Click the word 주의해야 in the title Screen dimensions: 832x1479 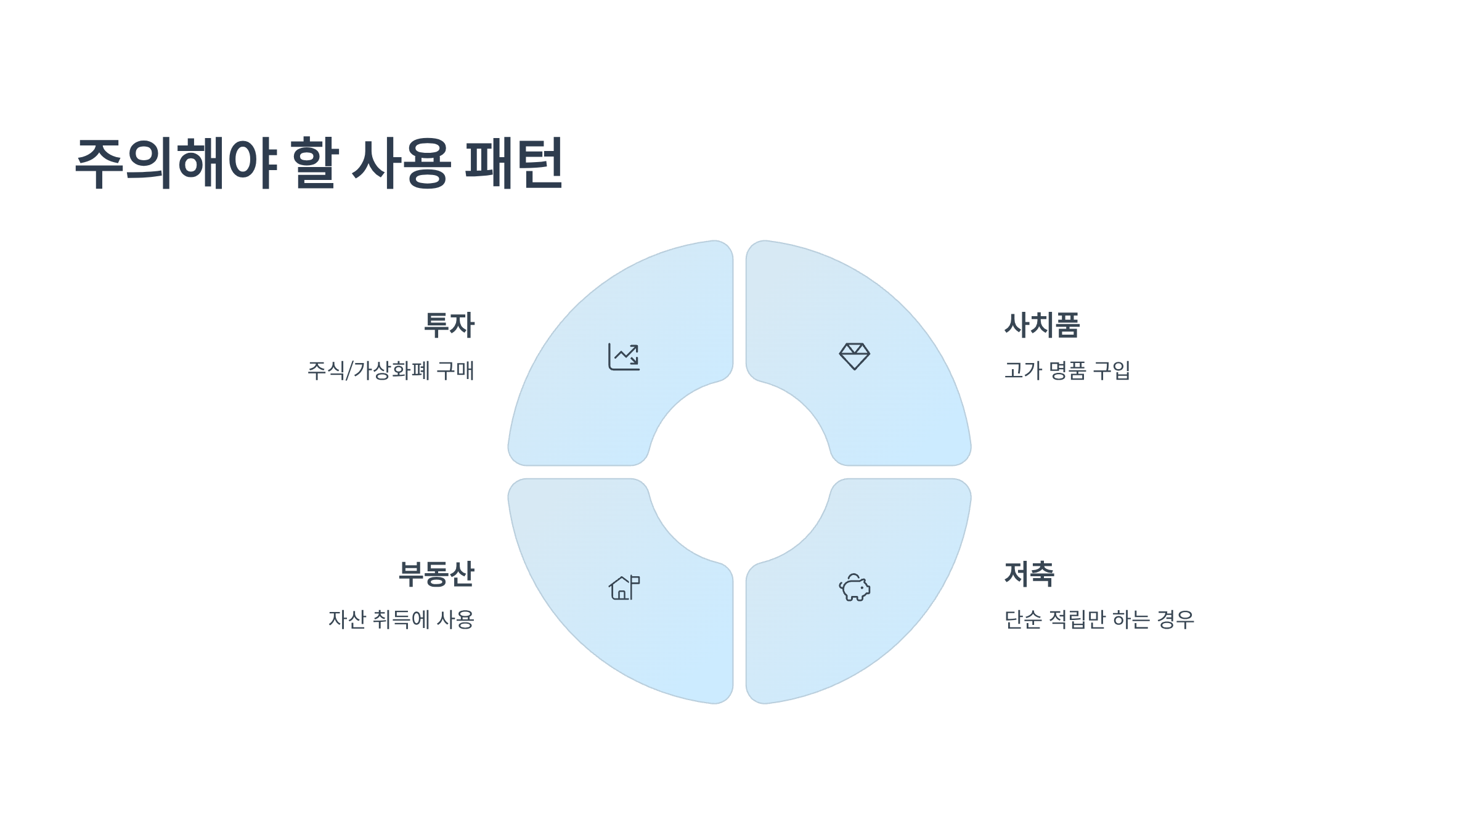pos(176,163)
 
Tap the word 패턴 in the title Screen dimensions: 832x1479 pos(513,163)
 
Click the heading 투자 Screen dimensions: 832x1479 pos(449,325)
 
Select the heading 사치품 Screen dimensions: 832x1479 pos(1042,325)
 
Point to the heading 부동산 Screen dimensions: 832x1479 pos(436,574)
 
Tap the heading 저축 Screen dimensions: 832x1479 pos(1029,574)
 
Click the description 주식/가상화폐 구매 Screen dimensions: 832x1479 pos(391,370)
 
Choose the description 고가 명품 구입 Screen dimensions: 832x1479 pos(1067,370)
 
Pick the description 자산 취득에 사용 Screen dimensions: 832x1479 pos(401,619)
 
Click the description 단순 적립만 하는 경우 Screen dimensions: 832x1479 pos(1099,619)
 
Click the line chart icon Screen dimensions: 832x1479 pos(624,357)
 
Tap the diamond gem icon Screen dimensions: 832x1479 pos(854,357)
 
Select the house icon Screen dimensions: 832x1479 pos(624,588)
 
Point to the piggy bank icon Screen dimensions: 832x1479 pos(854,588)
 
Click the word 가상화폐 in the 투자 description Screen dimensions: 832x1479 pos(391,370)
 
